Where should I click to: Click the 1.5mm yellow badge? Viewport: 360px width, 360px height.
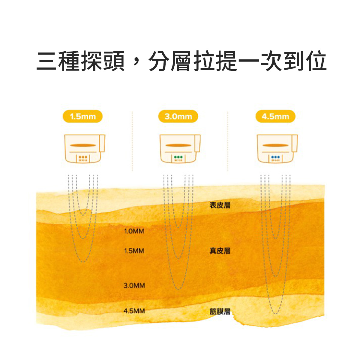pos(82,116)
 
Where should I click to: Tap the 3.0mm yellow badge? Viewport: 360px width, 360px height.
pos(178,116)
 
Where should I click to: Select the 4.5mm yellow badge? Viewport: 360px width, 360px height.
pos(275,116)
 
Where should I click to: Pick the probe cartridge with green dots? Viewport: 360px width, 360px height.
pos(179,148)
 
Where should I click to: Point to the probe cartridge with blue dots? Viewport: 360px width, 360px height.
pos(277,148)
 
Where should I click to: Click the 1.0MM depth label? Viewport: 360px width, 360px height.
pos(134,231)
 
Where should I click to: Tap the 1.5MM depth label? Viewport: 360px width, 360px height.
pos(134,251)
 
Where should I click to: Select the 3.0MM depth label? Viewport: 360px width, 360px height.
pos(134,285)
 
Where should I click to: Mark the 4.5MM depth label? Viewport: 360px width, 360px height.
pos(134,311)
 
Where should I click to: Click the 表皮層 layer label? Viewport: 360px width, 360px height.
pos(220,205)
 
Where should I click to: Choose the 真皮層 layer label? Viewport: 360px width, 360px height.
pos(220,251)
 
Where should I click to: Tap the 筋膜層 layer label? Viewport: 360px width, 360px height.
pos(220,311)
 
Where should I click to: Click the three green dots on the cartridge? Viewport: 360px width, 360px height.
pos(178,157)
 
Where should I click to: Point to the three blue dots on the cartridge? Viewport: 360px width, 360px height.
pos(275,157)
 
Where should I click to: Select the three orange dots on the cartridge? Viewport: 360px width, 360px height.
pos(82,157)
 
